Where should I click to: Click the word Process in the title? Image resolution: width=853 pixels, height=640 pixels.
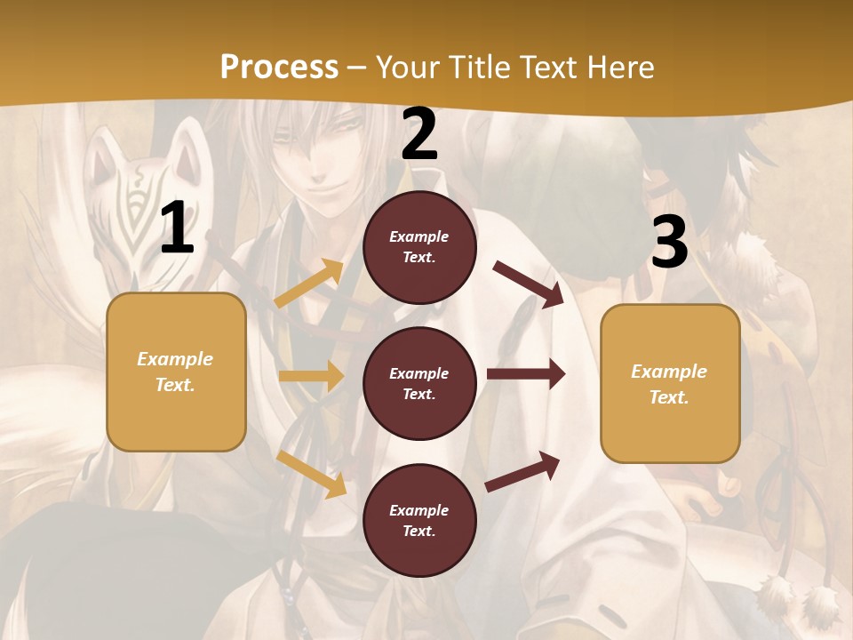(279, 68)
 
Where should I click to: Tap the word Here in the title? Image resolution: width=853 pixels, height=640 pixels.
(618, 68)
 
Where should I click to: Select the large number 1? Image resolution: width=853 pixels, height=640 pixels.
(177, 228)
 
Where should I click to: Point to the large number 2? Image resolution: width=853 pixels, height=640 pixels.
(419, 135)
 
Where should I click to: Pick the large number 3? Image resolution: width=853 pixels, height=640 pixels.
(669, 243)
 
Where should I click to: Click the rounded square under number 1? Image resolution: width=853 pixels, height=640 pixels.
(176, 372)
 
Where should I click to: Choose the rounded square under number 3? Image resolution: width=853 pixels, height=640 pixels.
(670, 384)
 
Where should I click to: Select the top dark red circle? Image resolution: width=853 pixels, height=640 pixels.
(419, 247)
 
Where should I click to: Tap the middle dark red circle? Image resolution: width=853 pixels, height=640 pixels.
(419, 384)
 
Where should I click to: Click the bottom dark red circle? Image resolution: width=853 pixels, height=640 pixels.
(419, 521)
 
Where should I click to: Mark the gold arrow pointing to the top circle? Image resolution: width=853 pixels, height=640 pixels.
(309, 284)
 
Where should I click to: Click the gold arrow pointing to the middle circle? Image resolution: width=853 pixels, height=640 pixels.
(311, 376)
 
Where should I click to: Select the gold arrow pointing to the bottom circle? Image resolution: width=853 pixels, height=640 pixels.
(311, 474)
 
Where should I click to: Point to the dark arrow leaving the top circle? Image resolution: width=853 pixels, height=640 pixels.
(529, 284)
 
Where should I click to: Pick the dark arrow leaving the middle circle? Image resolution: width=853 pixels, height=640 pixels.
(526, 374)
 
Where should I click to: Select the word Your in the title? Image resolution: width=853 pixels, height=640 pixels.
(407, 68)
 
